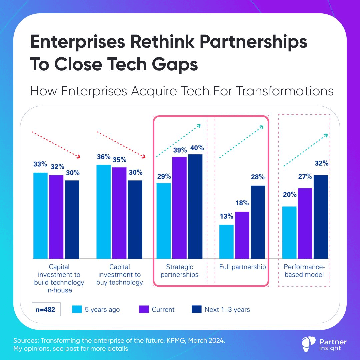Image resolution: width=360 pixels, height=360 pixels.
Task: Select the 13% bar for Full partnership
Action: [226, 241]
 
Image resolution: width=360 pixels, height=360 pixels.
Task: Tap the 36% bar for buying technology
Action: [103, 211]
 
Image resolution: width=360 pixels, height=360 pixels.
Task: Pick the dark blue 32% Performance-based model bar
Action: [321, 216]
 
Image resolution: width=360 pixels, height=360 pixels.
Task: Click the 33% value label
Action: [40, 164]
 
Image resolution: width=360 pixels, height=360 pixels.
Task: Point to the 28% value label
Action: [258, 177]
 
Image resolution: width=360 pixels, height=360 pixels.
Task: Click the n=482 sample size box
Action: [46, 309]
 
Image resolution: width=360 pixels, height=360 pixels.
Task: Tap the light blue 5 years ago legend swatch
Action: [77, 309]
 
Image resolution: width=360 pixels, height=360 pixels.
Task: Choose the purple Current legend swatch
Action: [144, 309]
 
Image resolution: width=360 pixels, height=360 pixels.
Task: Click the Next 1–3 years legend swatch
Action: [197, 309]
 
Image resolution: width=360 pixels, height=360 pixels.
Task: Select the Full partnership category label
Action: [243, 267]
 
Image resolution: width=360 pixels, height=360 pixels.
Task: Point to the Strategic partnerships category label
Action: [180, 271]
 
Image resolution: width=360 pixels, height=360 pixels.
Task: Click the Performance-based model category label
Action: [304, 271]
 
